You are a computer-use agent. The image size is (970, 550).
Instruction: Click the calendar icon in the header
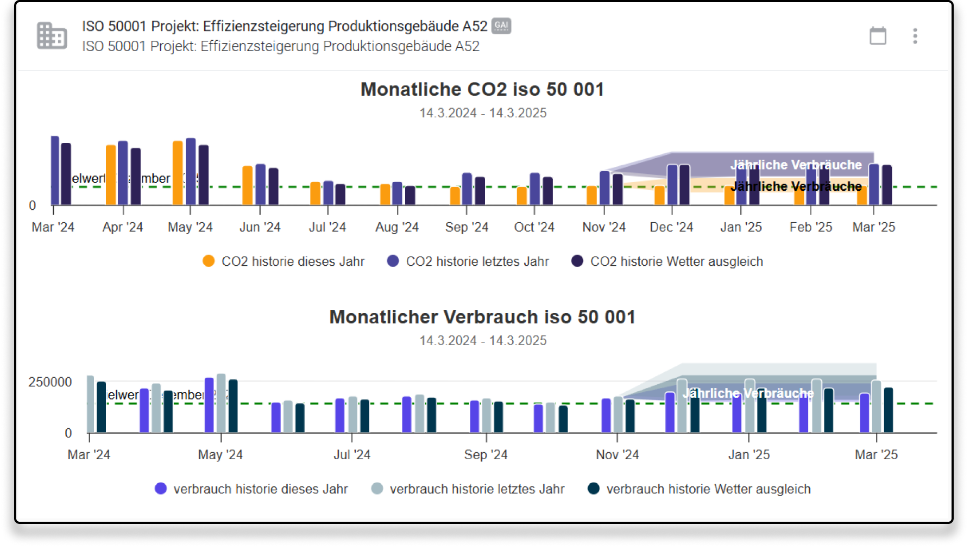878,36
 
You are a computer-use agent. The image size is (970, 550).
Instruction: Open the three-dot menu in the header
915,36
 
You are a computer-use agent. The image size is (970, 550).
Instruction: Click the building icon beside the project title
52,36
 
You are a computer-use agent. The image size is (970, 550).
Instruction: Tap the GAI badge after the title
501,26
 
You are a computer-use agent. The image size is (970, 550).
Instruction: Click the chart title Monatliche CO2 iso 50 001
482,89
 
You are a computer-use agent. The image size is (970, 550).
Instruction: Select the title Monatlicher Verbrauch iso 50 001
482,317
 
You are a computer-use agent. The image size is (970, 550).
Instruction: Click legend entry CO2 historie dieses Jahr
284,261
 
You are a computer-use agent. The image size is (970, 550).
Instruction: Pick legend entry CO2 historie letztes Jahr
468,261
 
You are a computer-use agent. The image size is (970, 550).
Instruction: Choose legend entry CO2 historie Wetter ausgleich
667,261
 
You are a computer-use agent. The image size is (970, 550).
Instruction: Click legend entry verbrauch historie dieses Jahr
251,489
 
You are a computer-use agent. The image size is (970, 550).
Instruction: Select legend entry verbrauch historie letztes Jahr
468,489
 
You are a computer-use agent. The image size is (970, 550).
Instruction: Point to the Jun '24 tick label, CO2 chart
260,227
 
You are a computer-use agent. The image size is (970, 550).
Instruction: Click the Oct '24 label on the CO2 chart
534,227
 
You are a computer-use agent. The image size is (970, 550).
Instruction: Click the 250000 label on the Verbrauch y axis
50,382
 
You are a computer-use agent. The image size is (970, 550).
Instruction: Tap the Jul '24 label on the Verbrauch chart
352,455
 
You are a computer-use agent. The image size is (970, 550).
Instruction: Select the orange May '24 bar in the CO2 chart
178,173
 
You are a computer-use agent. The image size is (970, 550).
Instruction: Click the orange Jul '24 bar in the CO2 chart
315,193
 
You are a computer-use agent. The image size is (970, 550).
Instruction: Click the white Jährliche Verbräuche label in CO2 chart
796,165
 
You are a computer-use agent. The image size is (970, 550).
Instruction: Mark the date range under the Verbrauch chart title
483,341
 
